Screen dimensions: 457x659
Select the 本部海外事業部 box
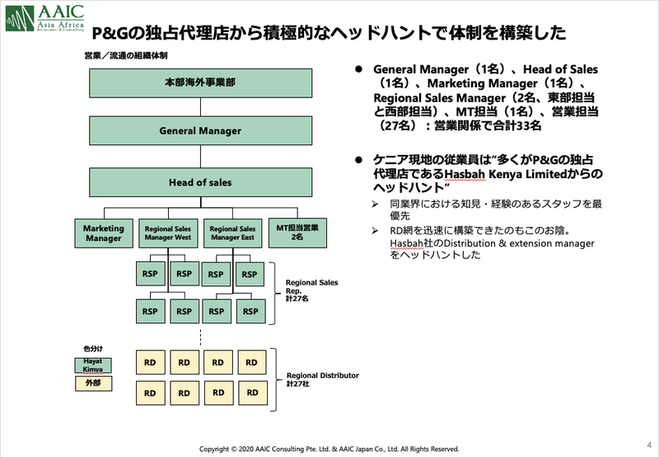(200, 84)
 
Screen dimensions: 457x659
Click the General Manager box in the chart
(200, 130)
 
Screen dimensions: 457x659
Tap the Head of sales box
(200, 182)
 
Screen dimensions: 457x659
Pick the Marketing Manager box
(103, 233)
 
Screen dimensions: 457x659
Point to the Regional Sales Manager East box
(231, 233)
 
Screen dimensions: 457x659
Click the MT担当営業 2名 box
(293, 233)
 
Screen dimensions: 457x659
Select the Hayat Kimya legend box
(93, 365)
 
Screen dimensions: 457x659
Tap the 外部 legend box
(93, 384)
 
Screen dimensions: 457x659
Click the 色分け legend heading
(92, 349)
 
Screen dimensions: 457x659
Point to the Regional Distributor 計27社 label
(322, 379)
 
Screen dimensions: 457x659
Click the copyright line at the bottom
(329, 449)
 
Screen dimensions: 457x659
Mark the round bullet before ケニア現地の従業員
(358, 159)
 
